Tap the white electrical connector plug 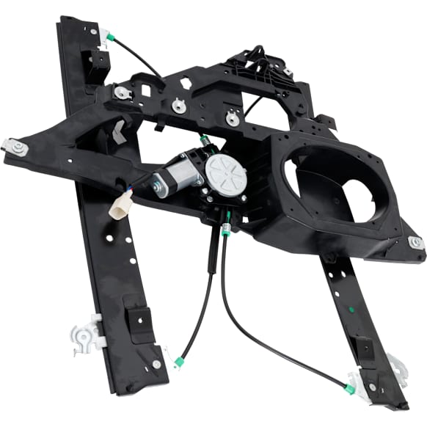117,209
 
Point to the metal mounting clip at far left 16,147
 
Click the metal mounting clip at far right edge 416,243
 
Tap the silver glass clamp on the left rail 87,335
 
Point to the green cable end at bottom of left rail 178,362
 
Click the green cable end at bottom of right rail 351,388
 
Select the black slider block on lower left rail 138,317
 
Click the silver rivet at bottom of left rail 156,365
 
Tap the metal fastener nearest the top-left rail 121,93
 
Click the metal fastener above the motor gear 233,117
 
